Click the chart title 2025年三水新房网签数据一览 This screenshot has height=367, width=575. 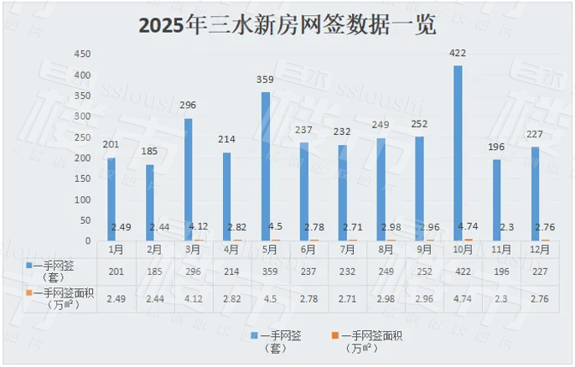coord(287,26)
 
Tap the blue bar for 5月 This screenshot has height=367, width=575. coord(266,167)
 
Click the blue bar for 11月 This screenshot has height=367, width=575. coord(496,200)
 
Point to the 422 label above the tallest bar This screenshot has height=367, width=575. coord(458,54)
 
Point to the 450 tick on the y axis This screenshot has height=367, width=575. coord(82,54)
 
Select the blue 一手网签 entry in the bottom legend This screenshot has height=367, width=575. coord(281,340)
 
